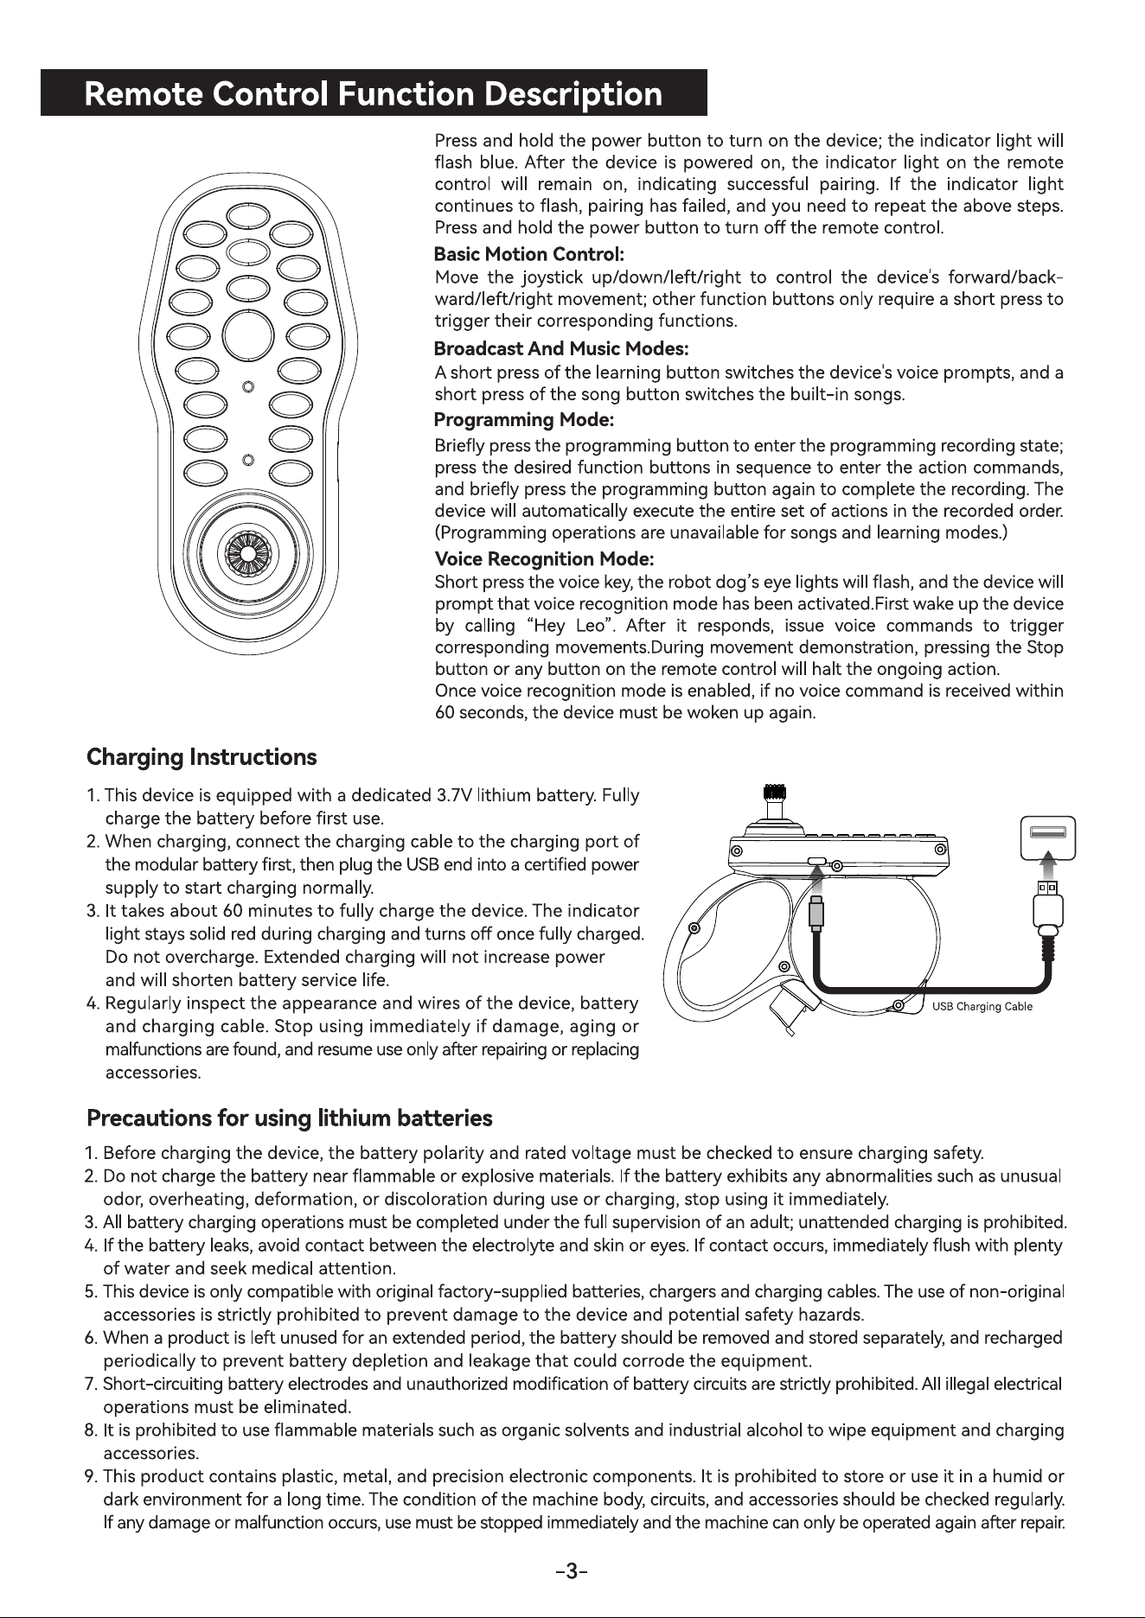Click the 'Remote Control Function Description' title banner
pos(374,92)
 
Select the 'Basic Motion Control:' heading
pos(528,254)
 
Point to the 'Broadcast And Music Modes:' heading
pos(560,348)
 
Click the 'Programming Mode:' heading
pos(523,420)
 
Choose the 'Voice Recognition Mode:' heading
pos(544,559)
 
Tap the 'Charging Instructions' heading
pos(201,757)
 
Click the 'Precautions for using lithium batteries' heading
pos(290,1118)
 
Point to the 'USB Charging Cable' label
pos(982,1006)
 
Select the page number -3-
pos(572,1571)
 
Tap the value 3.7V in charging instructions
pos(454,795)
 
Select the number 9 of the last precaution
pos(89,1476)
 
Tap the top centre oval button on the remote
pos(247,215)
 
